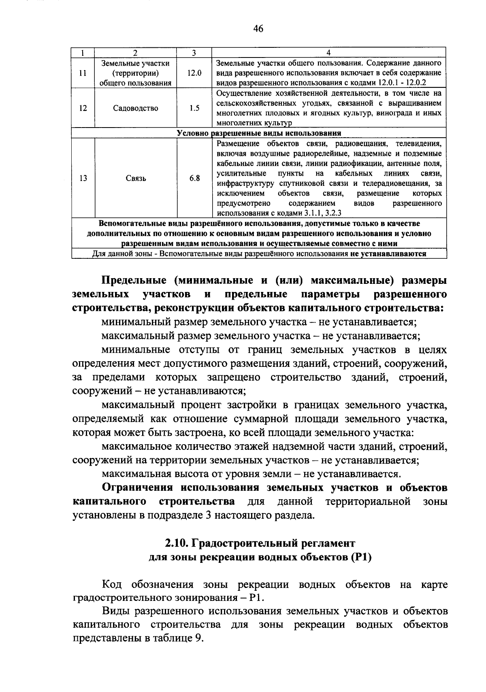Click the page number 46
(258, 29)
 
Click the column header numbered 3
(194, 53)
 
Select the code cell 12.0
(194, 73)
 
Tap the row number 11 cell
(83, 73)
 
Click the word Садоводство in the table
(136, 109)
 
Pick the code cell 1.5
(194, 109)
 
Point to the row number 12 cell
(83, 109)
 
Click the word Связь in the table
(136, 179)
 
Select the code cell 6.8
(194, 179)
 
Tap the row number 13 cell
(83, 179)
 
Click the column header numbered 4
(328, 53)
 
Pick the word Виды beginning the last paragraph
(115, 611)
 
